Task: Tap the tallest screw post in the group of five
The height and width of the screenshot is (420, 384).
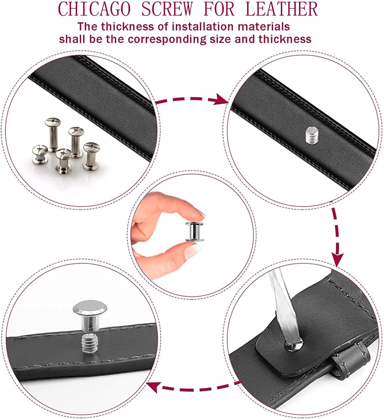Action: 53,135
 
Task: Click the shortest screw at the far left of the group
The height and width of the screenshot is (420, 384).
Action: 40,154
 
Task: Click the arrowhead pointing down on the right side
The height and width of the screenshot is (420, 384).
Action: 337,260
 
